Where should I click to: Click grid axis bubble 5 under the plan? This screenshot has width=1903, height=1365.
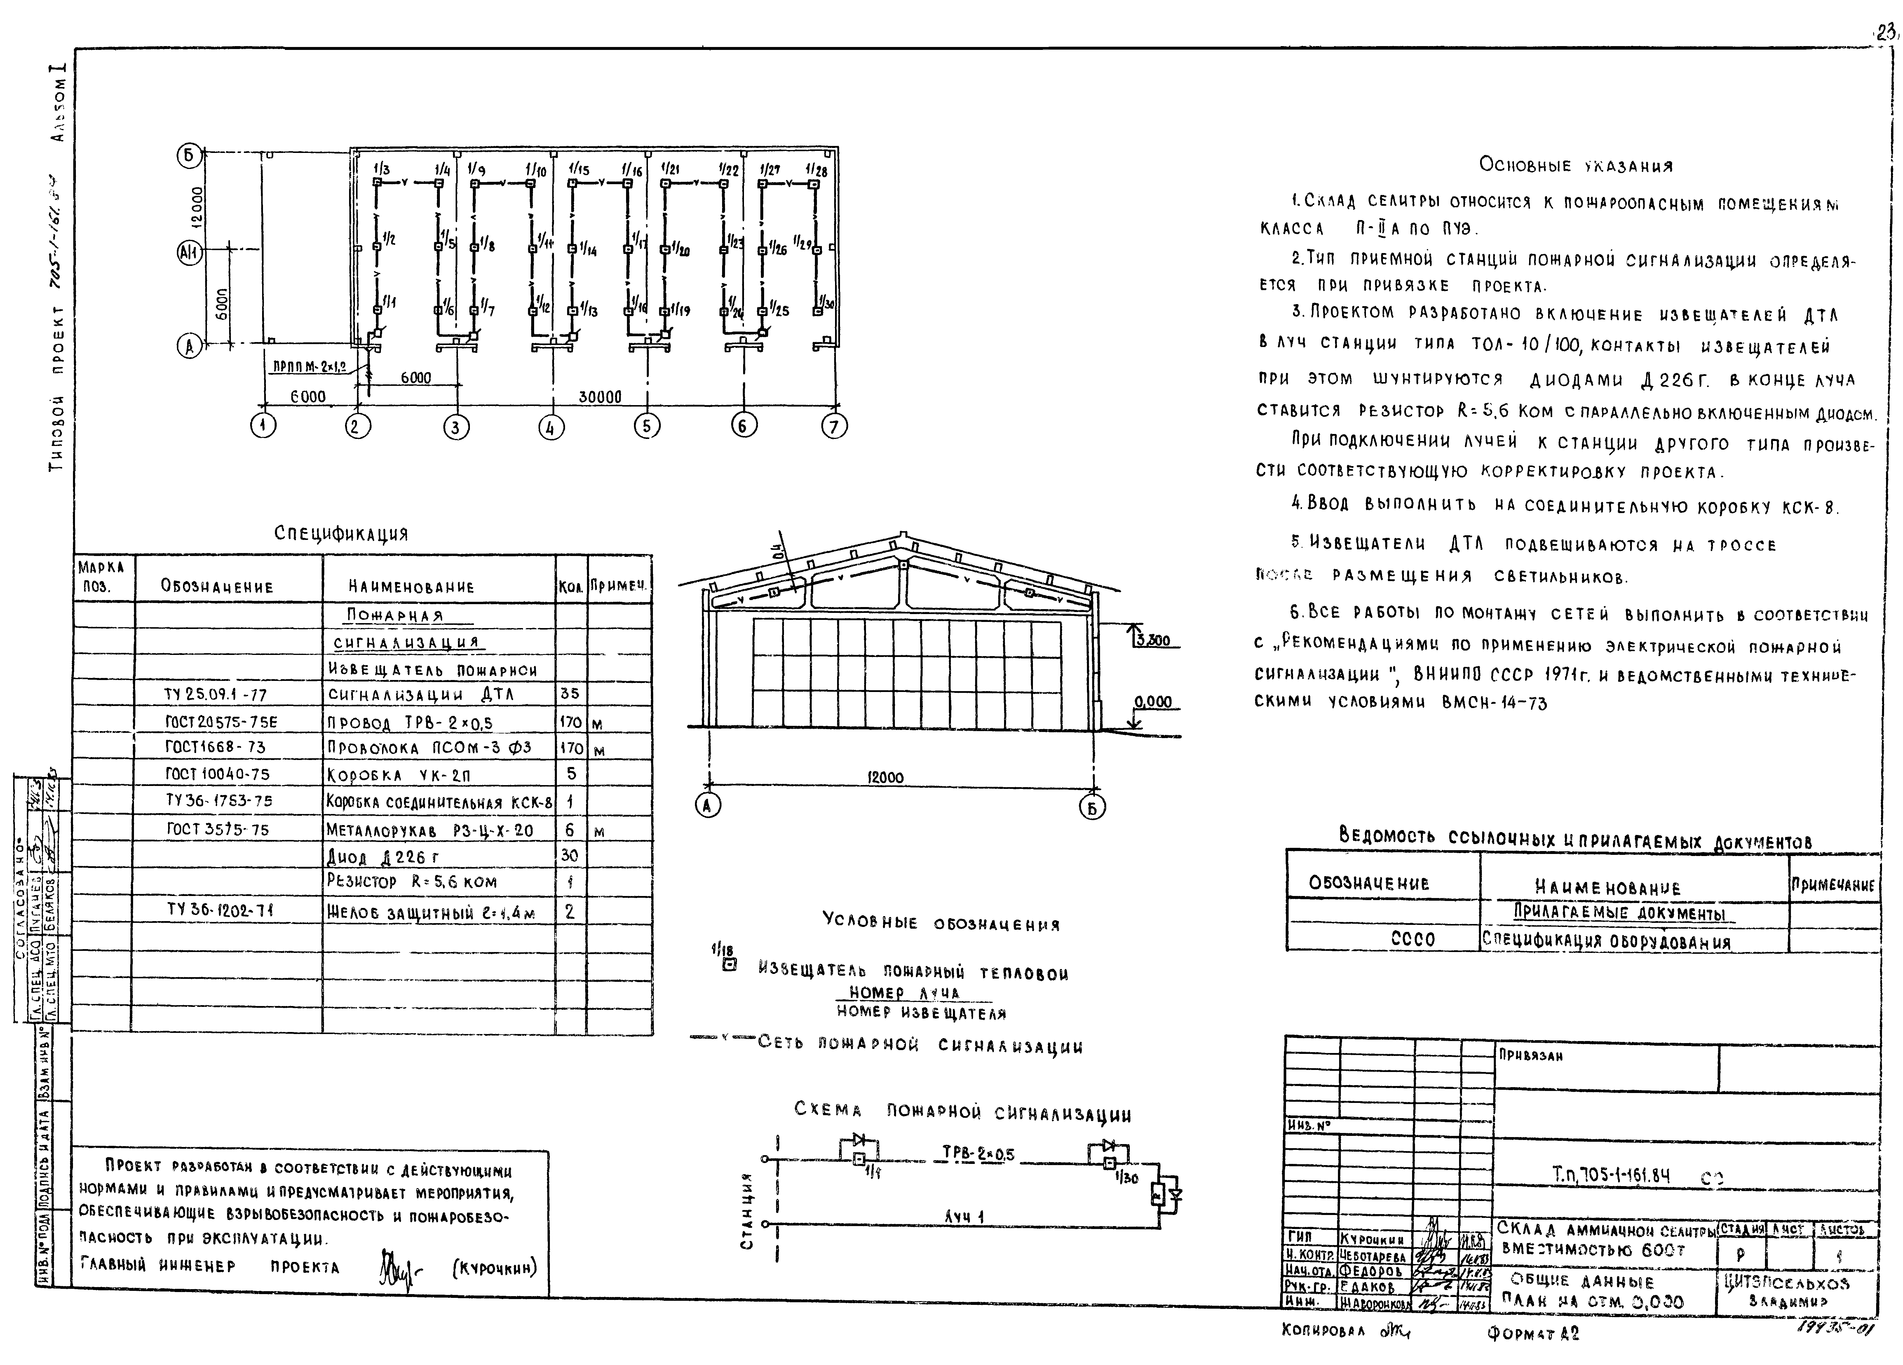pos(645,426)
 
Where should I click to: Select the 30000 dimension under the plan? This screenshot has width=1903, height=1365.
pos(600,397)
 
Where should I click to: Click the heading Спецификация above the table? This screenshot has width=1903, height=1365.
pos(341,534)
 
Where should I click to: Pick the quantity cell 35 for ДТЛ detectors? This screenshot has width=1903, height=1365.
pos(570,694)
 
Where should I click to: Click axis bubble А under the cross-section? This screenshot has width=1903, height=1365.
pos(708,806)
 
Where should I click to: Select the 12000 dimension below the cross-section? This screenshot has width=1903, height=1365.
pos(885,778)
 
